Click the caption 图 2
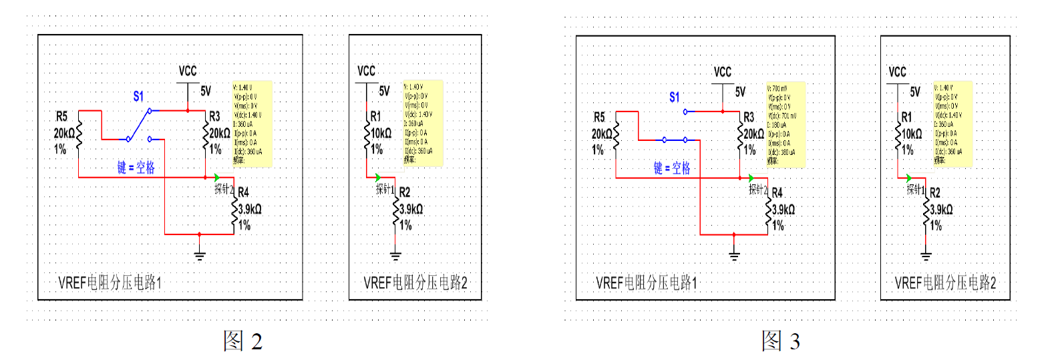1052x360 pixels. point(242,341)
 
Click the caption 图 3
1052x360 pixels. point(781,341)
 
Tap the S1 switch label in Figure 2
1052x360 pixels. point(138,96)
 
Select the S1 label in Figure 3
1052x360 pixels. point(675,98)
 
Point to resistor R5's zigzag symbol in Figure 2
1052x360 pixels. point(79,134)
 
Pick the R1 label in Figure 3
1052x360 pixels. point(906,117)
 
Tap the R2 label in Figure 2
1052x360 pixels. point(405,192)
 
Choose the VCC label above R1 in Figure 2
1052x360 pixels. point(366,71)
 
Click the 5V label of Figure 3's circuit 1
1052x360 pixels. point(740,92)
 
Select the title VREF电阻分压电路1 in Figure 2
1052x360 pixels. point(110,283)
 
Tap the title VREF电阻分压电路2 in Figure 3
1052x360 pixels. point(945,283)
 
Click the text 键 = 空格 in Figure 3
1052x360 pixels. point(672,168)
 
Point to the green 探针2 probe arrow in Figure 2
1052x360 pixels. point(217,177)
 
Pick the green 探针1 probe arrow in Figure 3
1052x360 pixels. point(909,178)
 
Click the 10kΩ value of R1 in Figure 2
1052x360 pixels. point(381,133)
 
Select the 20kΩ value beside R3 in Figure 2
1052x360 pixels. point(220,133)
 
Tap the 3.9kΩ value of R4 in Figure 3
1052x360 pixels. point(784,209)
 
